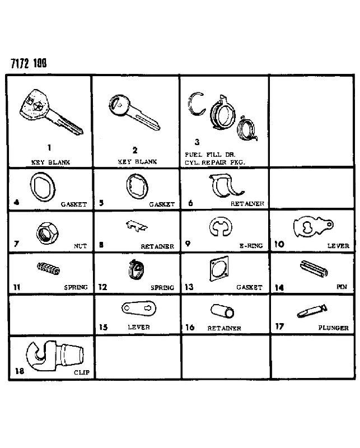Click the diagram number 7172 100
[29, 63]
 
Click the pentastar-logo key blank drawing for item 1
[52, 113]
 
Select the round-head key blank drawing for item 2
[134, 113]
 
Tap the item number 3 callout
[197, 142]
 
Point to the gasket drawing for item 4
[43, 187]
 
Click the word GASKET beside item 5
[162, 204]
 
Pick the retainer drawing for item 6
[226, 186]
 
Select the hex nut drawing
[47, 234]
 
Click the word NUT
[80, 246]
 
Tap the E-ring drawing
[220, 227]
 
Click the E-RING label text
[251, 246]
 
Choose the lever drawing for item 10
[313, 226]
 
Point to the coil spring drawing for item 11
[48, 269]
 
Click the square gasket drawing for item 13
[219, 269]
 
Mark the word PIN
[342, 287]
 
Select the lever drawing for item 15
[139, 309]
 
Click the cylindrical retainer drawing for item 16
[222, 311]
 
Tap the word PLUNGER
[334, 328]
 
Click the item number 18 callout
[20, 371]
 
